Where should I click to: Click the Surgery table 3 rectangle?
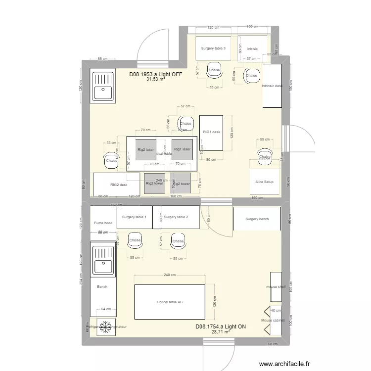tap(214, 48)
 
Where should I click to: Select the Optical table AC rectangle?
tap(170, 302)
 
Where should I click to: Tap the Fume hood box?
tap(103, 223)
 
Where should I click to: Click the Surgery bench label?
tap(257, 219)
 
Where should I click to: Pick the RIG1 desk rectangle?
tap(211, 133)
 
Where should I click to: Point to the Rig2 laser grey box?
tap(145, 149)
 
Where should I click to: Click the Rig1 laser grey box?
tap(182, 149)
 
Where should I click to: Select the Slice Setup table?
tap(265, 182)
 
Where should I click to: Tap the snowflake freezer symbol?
tap(105, 326)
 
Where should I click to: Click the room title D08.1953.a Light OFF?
tap(156, 74)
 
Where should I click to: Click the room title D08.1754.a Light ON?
tap(221, 327)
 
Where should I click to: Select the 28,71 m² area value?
tap(221, 332)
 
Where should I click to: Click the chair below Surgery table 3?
tap(214, 70)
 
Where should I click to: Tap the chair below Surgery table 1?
tap(135, 240)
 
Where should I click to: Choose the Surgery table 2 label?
tap(176, 217)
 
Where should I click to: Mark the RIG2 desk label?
tap(119, 185)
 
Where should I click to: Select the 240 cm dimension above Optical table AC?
tap(170, 275)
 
